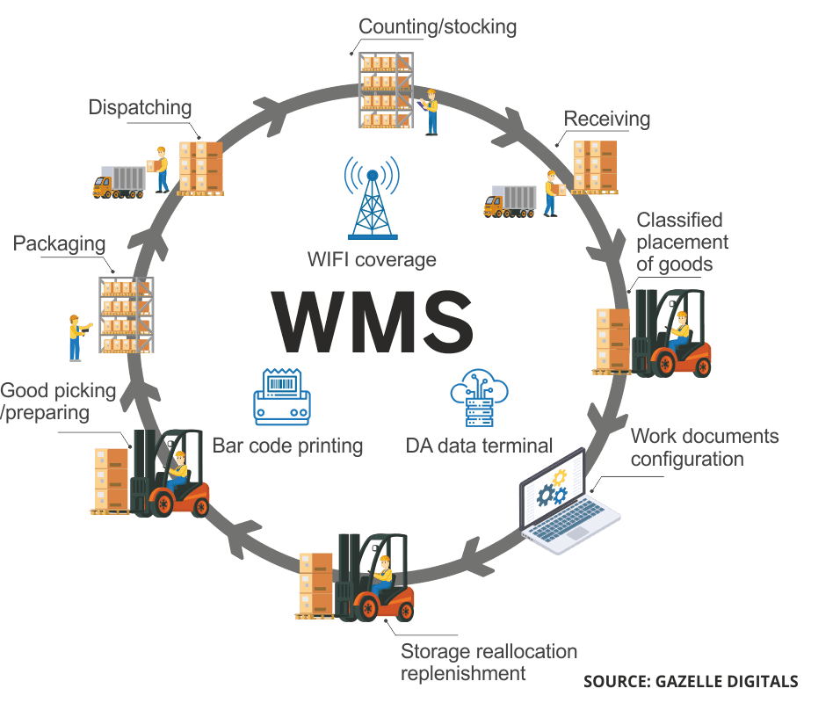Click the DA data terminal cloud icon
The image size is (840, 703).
click(480, 398)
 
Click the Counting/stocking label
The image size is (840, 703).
click(438, 26)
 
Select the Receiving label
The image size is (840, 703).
click(607, 119)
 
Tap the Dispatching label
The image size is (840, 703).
click(140, 107)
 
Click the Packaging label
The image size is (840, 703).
click(59, 243)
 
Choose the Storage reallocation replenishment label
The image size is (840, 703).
click(489, 663)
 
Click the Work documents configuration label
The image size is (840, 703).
click(704, 447)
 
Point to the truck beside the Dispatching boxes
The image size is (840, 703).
click(119, 182)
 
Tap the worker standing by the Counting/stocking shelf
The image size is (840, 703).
click(431, 111)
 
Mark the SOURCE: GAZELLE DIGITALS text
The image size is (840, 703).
click(691, 681)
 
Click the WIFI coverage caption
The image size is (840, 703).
click(371, 260)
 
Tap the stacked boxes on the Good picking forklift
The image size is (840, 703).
click(111, 479)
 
